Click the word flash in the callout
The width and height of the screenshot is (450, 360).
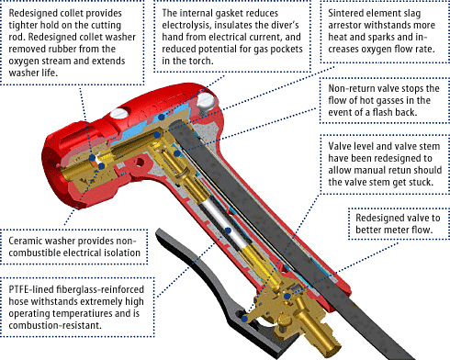click(x=383, y=112)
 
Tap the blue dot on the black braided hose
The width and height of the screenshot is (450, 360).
click(x=228, y=231)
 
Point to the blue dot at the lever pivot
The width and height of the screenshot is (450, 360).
click(x=244, y=319)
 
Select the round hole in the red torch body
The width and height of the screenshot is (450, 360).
click(x=140, y=163)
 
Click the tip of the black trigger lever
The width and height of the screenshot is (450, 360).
click(x=158, y=231)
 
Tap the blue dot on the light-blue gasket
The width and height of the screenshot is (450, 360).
click(x=162, y=117)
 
